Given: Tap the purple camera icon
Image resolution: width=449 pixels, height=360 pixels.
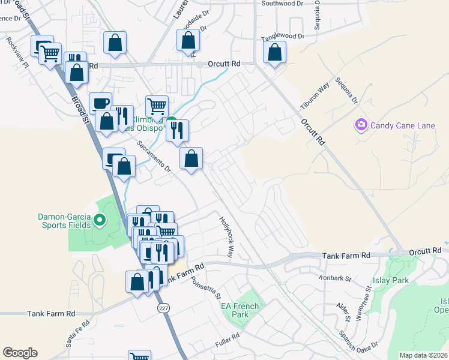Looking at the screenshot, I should click(361, 125).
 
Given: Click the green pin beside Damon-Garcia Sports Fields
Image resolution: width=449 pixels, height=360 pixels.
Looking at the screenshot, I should click(100, 221).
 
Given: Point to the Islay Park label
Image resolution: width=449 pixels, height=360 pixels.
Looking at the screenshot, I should click(409, 280).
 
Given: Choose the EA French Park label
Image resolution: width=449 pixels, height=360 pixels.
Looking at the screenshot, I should click(240, 310).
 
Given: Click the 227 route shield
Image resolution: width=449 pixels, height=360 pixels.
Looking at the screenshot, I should click(164, 308).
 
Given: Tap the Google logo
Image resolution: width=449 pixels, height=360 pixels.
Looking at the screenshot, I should click(20, 353).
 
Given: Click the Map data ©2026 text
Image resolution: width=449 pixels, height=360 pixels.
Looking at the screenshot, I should click(424, 355).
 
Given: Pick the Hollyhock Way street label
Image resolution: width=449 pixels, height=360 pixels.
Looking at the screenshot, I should click(226, 237).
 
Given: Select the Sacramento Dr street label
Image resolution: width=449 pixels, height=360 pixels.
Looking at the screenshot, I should click(154, 157).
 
